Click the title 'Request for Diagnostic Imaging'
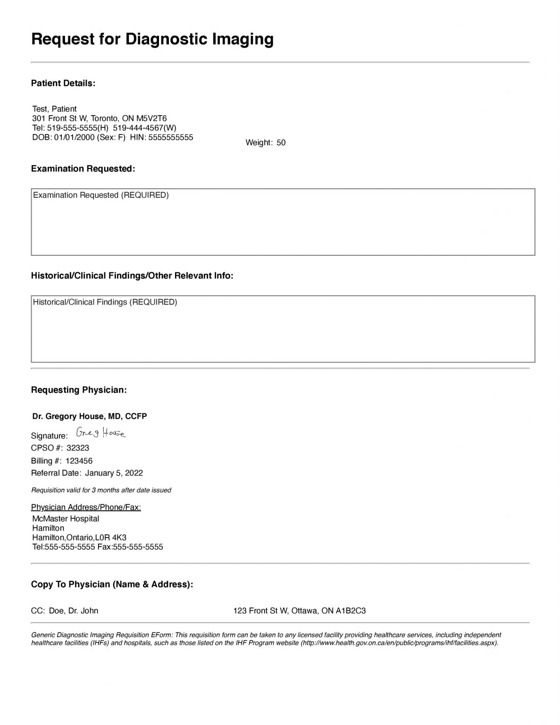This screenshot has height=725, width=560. (x=152, y=39)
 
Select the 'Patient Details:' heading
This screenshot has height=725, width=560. (x=63, y=84)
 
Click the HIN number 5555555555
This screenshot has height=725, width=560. (x=170, y=137)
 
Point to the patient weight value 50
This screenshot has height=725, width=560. (x=281, y=143)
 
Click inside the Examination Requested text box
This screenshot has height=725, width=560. (x=283, y=227)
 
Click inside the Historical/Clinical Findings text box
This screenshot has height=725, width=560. (x=283, y=333)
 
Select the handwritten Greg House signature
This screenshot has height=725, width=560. (x=101, y=433)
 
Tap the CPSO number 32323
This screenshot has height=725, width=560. (x=78, y=448)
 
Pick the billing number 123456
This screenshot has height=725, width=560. (x=79, y=461)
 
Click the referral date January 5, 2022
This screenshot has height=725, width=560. (x=114, y=473)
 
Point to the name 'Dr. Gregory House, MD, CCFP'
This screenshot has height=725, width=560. (x=90, y=416)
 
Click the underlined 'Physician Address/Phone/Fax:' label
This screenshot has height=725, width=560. (x=86, y=507)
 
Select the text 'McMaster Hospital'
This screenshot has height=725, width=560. (x=66, y=519)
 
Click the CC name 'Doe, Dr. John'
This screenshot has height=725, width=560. (x=74, y=611)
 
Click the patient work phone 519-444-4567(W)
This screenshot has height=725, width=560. (x=145, y=128)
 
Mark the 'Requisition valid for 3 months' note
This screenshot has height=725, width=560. (x=101, y=490)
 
